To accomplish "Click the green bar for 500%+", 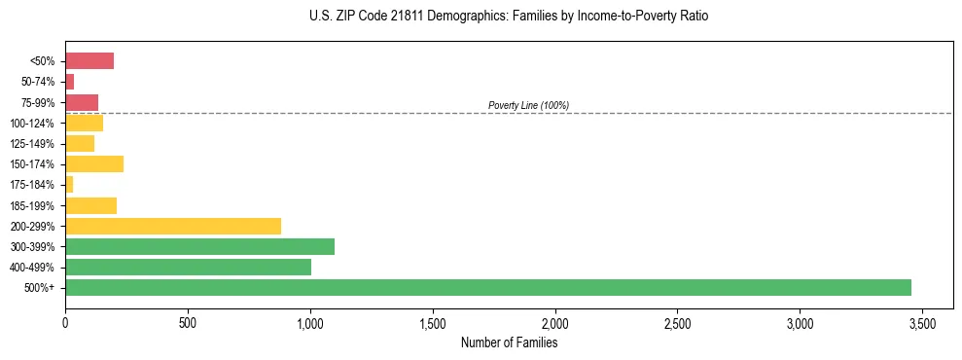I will click(487, 287).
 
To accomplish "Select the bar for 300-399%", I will click(199, 246).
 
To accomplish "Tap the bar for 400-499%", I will click(188, 267).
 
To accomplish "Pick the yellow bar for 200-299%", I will click(173, 226).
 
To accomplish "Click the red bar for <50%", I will click(89, 61).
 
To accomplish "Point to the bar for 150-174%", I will click(94, 163).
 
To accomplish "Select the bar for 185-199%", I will click(90, 205).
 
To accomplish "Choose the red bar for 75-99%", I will click(82, 102).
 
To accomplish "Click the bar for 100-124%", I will click(84, 123).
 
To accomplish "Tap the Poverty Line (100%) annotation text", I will click(528, 105).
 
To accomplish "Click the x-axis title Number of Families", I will click(509, 342).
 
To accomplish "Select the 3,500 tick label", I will click(922, 323).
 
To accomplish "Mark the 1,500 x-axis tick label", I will click(432, 323).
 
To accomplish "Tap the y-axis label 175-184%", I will click(34, 185).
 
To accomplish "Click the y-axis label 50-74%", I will click(38, 82).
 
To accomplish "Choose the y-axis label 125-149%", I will click(34, 144).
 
